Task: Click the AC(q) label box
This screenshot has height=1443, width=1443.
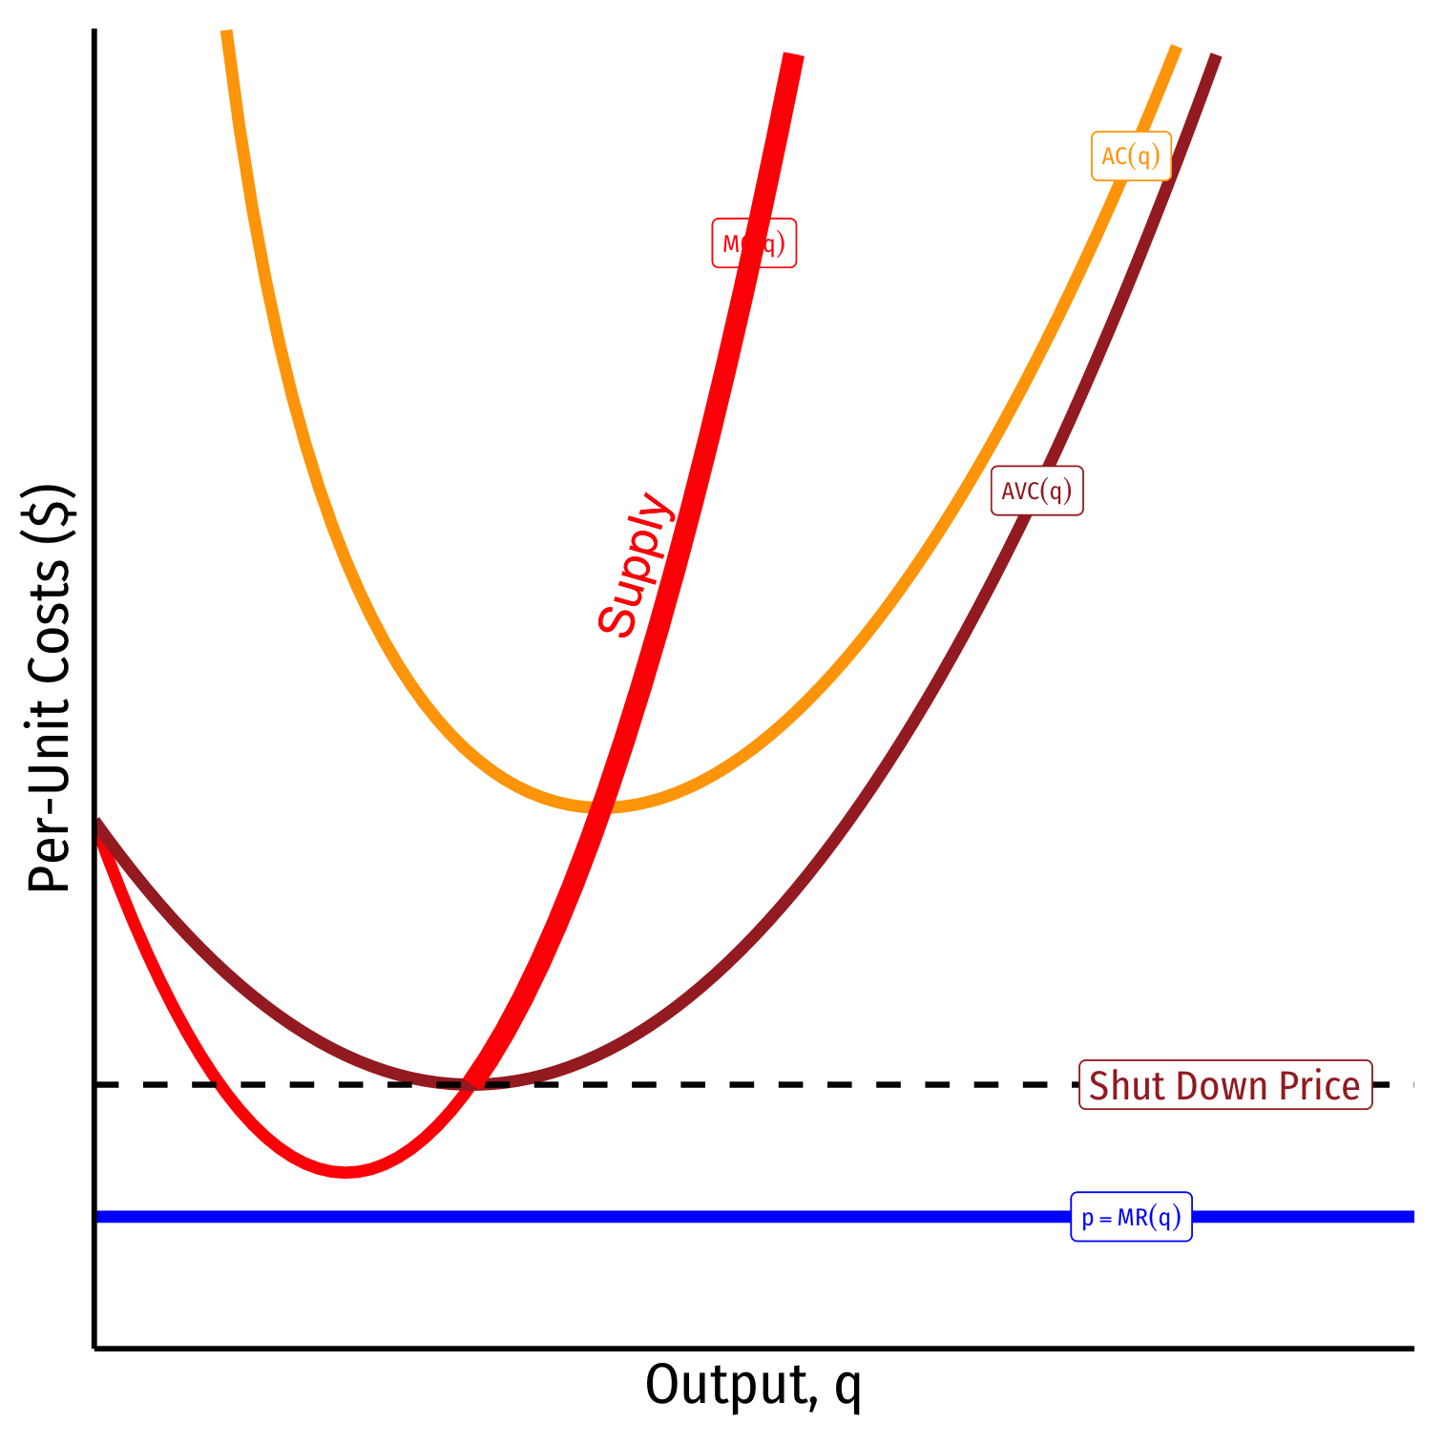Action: click(x=1131, y=156)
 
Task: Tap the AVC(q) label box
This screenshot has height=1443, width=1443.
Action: click(x=1036, y=491)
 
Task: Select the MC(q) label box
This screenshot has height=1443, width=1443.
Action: click(x=754, y=243)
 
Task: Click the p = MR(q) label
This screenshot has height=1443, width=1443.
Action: click(x=1131, y=1217)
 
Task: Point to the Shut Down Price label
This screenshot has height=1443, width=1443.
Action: click(x=1225, y=1085)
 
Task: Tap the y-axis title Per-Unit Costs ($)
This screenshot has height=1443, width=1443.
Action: click(x=50, y=687)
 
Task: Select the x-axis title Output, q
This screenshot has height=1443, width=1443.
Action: click(x=753, y=1385)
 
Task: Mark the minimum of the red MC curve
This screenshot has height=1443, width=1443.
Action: click(x=345, y=1172)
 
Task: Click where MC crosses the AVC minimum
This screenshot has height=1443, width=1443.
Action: click(x=471, y=1084)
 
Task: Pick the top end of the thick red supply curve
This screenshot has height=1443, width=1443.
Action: click(x=793, y=56)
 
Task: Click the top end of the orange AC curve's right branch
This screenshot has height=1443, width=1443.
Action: click(x=1177, y=48)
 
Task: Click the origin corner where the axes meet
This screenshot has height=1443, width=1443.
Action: click(x=94, y=1348)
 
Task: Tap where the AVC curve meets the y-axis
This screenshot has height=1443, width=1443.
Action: click(x=97, y=823)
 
